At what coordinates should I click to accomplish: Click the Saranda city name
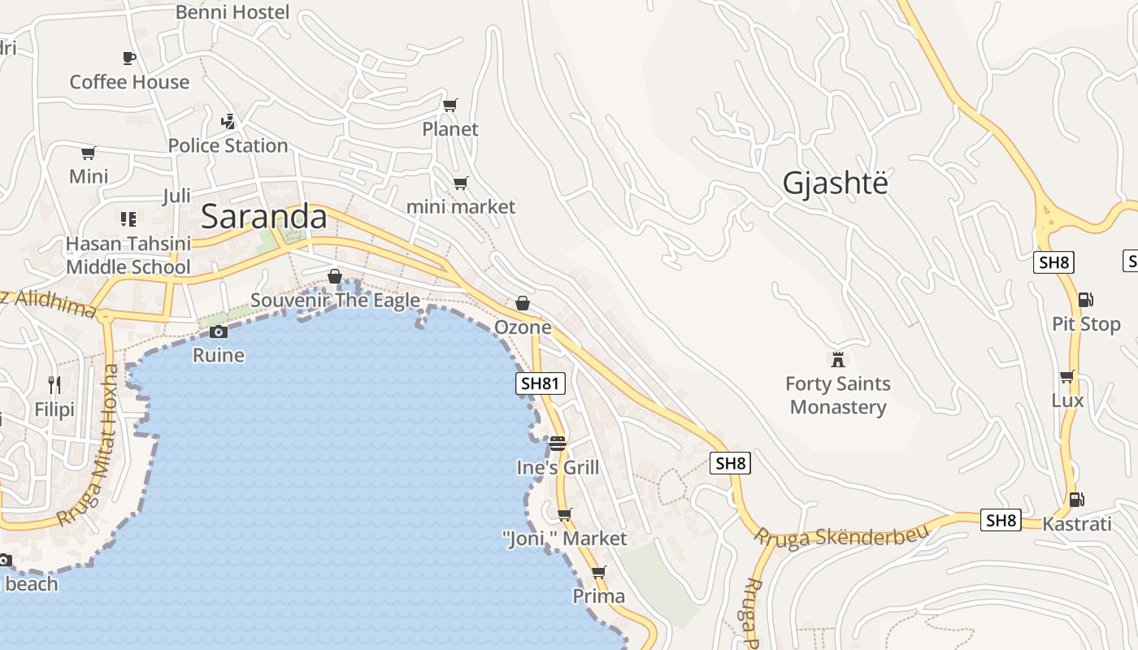(263, 217)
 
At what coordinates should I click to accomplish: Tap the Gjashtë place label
(835, 184)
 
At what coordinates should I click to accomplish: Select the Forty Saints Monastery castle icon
(838, 359)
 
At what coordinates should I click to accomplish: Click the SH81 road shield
(541, 383)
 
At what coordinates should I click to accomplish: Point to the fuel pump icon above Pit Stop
(1085, 300)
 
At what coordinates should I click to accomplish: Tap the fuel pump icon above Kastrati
(1076, 500)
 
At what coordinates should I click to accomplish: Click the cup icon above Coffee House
(128, 58)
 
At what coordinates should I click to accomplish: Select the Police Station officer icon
(228, 122)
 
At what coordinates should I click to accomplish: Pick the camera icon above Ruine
(218, 331)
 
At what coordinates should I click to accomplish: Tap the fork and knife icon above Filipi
(54, 385)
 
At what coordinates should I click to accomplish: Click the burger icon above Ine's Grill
(557, 444)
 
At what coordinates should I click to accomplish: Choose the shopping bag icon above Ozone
(523, 303)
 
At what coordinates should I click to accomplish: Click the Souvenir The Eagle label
(335, 300)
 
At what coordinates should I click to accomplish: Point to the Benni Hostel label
(232, 12)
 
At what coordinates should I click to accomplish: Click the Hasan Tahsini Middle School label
(128, 255)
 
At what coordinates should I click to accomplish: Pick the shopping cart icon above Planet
(450, 105)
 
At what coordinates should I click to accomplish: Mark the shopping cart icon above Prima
(599, 572)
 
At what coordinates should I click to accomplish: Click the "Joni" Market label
(565, 539)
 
